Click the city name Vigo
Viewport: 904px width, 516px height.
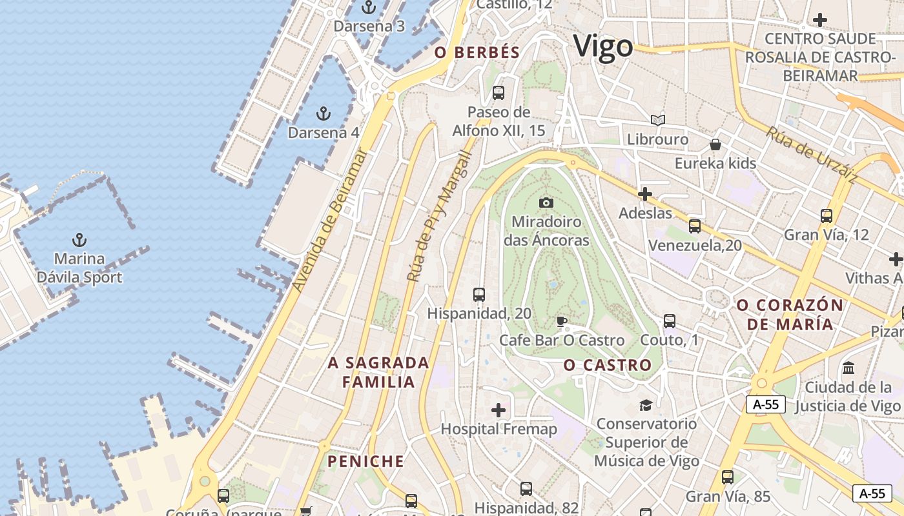[x=603, y=47]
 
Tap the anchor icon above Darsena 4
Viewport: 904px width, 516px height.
[x=323, y=114]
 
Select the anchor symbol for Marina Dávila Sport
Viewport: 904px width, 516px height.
[x=79, y=241]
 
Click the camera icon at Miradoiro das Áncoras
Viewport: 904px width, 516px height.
[x=546, y=203]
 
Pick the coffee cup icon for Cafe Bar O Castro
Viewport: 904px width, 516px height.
[x=562, y=321]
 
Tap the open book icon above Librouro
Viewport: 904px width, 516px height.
[x=657, y=121]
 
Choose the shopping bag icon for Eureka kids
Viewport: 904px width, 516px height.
[x=715, y=144]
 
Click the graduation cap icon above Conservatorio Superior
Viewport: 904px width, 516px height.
[x=646, y=405]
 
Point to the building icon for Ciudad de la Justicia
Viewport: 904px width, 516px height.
[x=848, y=368]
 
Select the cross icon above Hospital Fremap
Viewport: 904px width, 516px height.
[x=498, y=410]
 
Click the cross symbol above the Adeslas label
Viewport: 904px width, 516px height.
[x=644, y=193]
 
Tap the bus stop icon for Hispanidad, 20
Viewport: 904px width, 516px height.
[x=478, y=295]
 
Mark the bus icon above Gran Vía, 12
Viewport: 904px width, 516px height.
[x=826, y=216]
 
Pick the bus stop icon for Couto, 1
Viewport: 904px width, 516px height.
[x=669, y=321]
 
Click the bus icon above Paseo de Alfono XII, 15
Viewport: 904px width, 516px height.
[x=498, y=93]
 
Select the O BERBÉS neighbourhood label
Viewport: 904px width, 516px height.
[x=477, y=53]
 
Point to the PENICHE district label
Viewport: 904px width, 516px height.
[x=365, y=461]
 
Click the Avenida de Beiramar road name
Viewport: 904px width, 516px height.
[x=329, y=219]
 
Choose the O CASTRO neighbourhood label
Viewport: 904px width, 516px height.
[x=607, y=365]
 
